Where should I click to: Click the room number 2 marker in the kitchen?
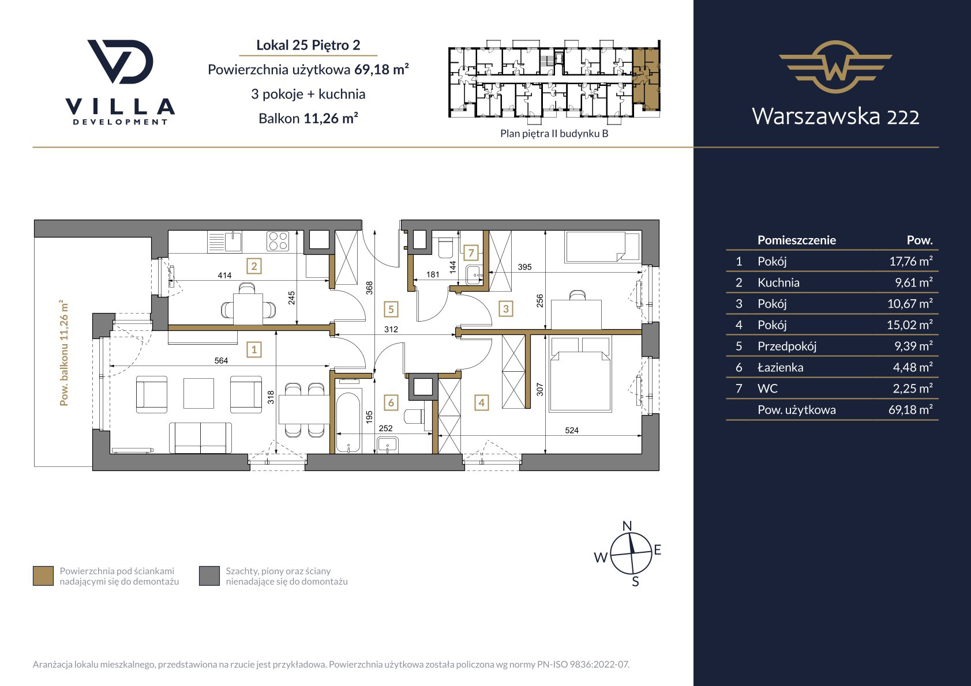pos(254,266)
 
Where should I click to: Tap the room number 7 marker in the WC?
pos(471,252)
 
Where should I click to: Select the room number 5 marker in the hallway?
pos(391,309)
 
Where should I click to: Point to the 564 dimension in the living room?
pos(221,360)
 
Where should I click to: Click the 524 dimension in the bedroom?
pos(572,430)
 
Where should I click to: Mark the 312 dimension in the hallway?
pos(391,329)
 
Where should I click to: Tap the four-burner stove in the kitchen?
pos(278,241)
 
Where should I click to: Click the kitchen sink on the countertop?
pos(225,241)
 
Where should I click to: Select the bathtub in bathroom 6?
pos(348,417)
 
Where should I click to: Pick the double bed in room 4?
pos(580,374)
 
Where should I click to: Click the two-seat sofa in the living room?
pos(200,438)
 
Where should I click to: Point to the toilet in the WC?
pos(445,248)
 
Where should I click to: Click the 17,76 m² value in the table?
pos(911,261)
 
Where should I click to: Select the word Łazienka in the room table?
pos(780,367)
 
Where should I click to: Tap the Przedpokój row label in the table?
pos(787,346)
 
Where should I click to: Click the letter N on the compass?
pos(627,526)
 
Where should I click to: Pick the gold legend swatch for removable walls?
pos(43,576)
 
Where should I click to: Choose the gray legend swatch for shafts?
pos(209,576)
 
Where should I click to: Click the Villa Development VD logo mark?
pos(121,62)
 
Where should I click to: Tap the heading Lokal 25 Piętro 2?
pos(308,45)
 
